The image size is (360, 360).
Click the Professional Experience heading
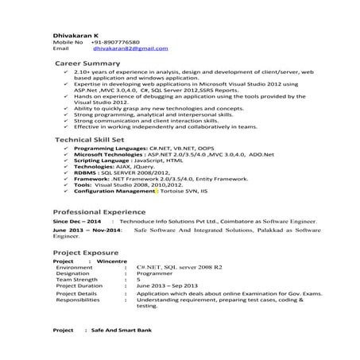[100, 212]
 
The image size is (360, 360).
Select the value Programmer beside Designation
[154, 274]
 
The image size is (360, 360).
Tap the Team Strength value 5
[138, 281]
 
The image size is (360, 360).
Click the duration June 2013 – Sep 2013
[167, 287]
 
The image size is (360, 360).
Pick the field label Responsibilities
[79, 300]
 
